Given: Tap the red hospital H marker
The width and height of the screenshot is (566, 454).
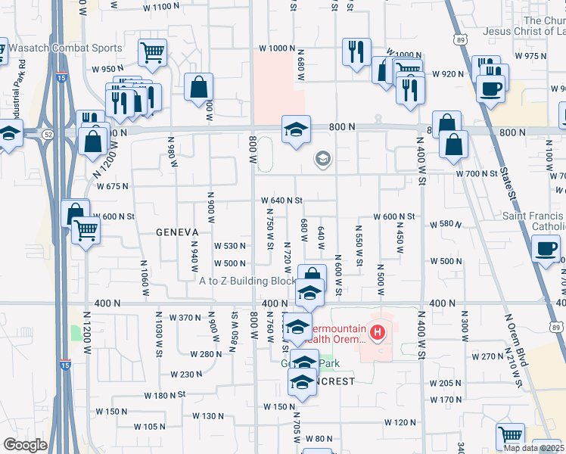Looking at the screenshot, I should click(376, 331).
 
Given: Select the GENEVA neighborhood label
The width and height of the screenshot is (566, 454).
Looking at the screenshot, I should click(177, 232).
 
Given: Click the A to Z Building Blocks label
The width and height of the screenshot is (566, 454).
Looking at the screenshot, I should click(247, 281).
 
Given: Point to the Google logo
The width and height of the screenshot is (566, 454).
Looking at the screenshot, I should click(25, 445).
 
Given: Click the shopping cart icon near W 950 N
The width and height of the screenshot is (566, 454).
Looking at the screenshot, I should click(152, 53).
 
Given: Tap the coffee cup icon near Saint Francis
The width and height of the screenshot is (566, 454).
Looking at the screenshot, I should click(545, 248).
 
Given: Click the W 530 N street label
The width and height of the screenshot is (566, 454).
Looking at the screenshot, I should click(230, 247).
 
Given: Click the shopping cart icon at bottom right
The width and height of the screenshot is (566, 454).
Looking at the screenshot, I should click(511, 436).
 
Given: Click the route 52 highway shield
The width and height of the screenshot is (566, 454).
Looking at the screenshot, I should click(47, 134).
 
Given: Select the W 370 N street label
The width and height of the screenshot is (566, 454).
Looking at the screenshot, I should click(185, 317).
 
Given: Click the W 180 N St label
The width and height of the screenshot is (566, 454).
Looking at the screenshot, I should click(165, 396).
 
